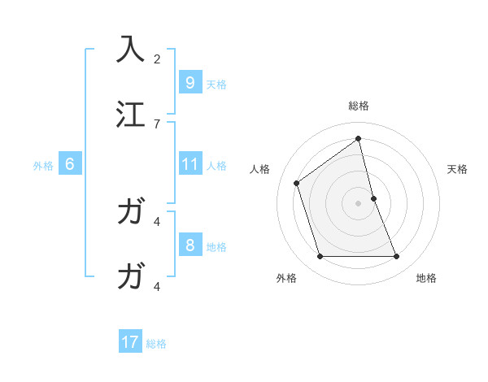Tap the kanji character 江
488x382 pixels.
pyautogui.click(x=131, y=114)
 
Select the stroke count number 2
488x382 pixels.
pyautogui.click(x=157, y=59)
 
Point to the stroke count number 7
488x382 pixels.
pyautogui.click(x=157, y=124)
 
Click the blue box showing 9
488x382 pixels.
pyautogui.click(x=190, y=82)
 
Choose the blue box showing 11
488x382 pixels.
pyautogui.click(x=190, y=164)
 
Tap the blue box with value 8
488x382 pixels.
pyautogui.click(x=190, y=245)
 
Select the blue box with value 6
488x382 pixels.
pyautogui.click(x=70, y=164)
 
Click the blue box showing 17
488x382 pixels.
pyautogui.click(x=130, y=342)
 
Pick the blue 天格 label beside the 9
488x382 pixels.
pyautogui.click(x=216, y=84)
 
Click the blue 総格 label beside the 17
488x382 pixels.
pyautogui.click(x=156, y=344)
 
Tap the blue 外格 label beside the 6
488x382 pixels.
pyautogui.click(x=43, y=166)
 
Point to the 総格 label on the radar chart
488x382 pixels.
pyautogui.click(x=359, y=106)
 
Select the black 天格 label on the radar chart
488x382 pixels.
pyautogui.click(x=458, y=169)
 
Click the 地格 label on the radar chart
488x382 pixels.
pyautogui.click(x=426, y=278)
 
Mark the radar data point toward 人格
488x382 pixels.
pyautogui.click(x=297, y=183)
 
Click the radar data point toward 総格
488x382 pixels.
pyautogui.click(x=359, y=139)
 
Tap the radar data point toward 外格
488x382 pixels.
pyautogui.click(x=320, y=257)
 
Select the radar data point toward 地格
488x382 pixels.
pyautogui.click(x=397, y=257)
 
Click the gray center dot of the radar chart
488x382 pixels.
pyautogui.click(x=359, y=203)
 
